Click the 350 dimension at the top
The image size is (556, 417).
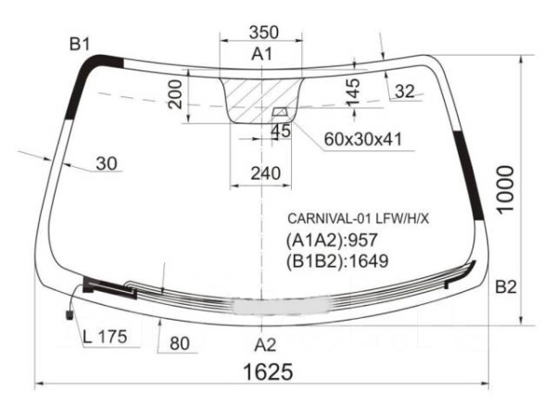[264, 32]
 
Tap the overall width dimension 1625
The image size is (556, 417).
[269, 372]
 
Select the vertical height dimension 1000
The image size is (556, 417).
[506, 190]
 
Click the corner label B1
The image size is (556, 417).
[80, 44]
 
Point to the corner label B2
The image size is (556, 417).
[506, 287]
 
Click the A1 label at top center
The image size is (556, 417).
[262, 55]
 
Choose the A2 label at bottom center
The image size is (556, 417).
[265, 345]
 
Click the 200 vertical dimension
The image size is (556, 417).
[175, 94]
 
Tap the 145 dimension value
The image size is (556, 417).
[353, 93]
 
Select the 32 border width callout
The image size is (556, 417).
[405, 92]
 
